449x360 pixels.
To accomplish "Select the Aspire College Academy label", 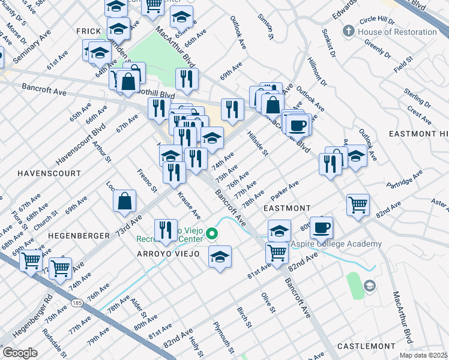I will click(x=336, y=244).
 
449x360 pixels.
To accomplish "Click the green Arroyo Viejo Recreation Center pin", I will click(x=211, y=233).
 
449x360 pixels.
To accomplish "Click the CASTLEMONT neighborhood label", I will click(x=366, y=346).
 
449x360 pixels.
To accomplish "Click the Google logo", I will click(x=20, y=353).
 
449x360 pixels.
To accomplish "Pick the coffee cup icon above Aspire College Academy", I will click(x=321, y=228).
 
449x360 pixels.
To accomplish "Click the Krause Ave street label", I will click(x=188, y=205).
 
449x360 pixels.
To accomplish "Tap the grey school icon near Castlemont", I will click(x=369, y=286).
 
